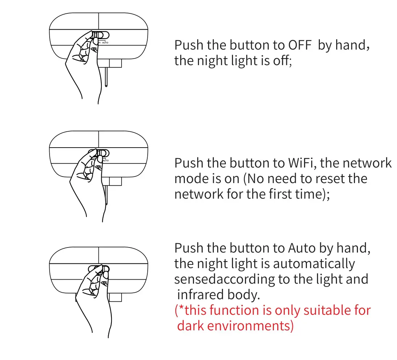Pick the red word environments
(x=250, y=326)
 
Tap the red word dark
(x=190, y=326)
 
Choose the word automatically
(x=314, y=264)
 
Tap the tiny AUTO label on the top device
(x=105, y=43)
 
